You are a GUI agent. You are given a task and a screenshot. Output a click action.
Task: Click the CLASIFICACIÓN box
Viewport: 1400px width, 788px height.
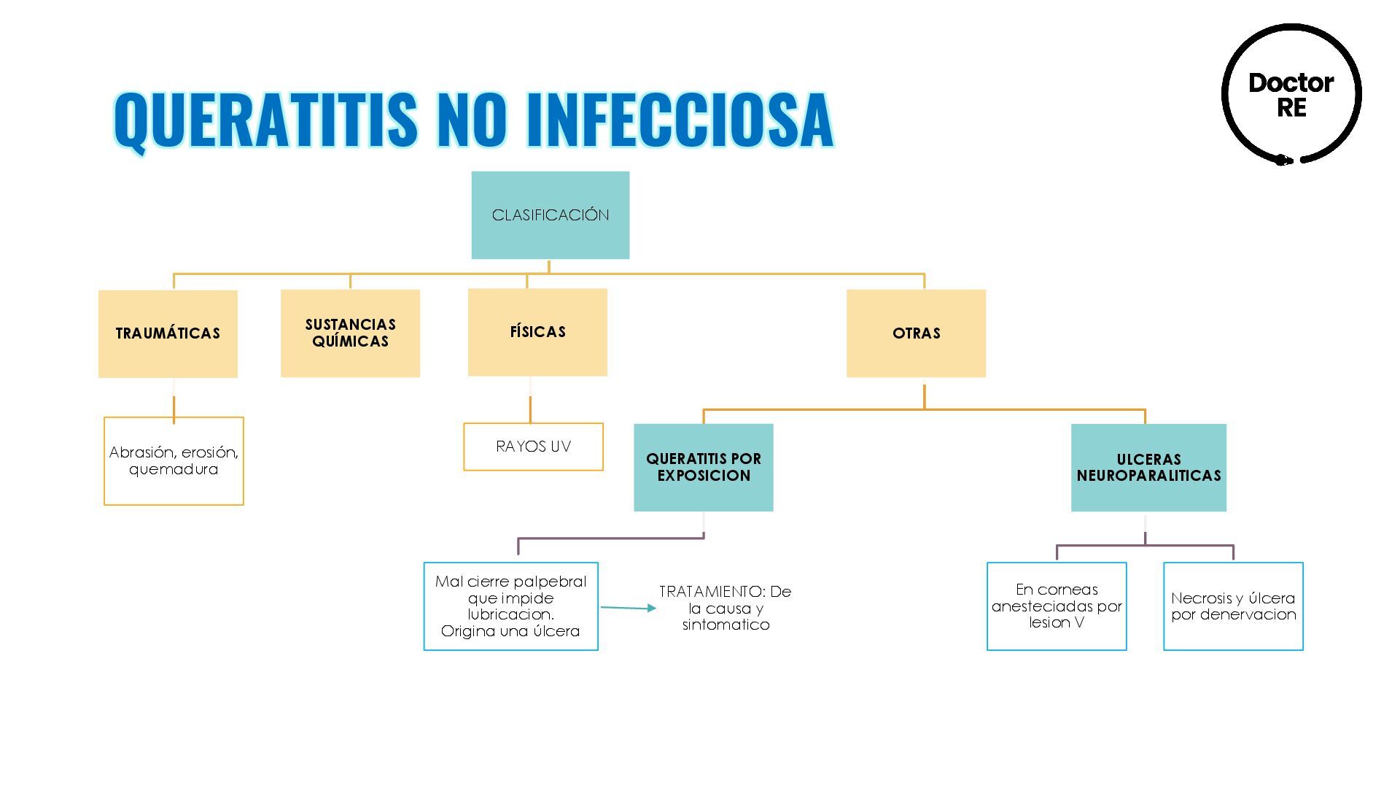(x=550, y=215)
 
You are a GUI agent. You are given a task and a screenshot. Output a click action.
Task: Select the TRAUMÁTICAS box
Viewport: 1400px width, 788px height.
(x=168, y=333)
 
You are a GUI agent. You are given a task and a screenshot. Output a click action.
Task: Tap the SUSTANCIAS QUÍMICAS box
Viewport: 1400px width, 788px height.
(x=350, y=333)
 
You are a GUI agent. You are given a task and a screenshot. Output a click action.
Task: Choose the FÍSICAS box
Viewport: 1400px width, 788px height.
(x=537, y=332)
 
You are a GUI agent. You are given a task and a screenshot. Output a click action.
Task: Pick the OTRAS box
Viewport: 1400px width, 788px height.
(x=916, y=333)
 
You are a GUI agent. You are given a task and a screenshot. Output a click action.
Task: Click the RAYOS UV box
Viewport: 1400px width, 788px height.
(x=533, y=447)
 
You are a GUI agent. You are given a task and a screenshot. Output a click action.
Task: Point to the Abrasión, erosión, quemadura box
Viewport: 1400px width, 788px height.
(x=174, y=461)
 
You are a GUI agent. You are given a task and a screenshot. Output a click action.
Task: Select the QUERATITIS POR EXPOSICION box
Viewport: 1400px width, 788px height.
(x=703, y=467)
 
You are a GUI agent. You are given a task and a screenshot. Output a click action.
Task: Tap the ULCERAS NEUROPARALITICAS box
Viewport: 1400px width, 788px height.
(x=1148, y=468)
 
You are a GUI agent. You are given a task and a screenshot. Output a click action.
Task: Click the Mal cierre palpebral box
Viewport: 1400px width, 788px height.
(x=510, y=606)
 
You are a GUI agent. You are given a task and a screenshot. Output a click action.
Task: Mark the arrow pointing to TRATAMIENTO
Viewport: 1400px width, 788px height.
(x=628, y=607)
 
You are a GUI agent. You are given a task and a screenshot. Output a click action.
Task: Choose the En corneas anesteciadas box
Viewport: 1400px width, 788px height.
(x=1057, y=606)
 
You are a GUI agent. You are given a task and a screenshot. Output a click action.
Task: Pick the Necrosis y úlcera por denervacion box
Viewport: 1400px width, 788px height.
(x=1233, y=606)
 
